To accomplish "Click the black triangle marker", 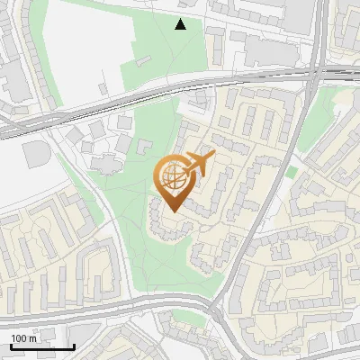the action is click(181, 24).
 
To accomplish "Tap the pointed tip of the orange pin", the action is click(170, 211).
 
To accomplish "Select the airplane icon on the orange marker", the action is click(201, 163).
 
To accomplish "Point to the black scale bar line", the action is click(41, 346).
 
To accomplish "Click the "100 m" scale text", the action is click(23, 338).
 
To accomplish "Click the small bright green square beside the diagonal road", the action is click(291, 171).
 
